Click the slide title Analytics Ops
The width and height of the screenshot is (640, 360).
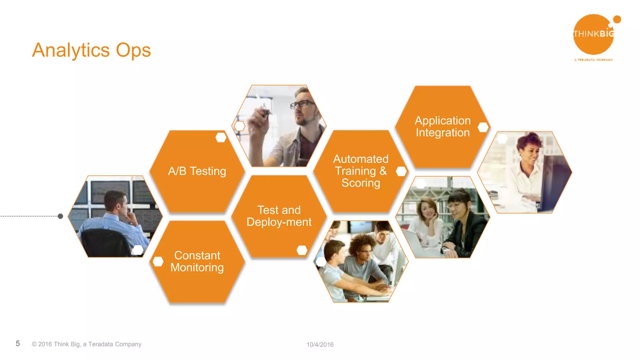point(91,50)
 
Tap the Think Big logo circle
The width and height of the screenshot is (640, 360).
point(593,34)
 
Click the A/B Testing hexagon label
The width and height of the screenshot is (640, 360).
point(197,171)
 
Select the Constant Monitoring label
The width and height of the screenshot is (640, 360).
point(197,261)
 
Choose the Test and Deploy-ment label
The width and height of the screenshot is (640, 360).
point(279,216)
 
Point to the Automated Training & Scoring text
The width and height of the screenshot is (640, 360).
point(361,171)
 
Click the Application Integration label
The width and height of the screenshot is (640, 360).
point(442,127)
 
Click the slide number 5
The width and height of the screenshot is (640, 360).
point(18,343)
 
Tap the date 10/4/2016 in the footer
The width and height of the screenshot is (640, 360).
point(320,344)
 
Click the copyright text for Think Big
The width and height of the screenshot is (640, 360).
point(87,344)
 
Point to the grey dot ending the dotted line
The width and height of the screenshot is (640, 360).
point(61,216)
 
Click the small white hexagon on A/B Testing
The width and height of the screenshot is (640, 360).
point(221,137)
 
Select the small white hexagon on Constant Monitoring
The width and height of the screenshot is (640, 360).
point(158,262)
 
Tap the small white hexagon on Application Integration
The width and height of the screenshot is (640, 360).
point(483,127)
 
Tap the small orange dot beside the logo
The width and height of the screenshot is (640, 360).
point(617,19)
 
